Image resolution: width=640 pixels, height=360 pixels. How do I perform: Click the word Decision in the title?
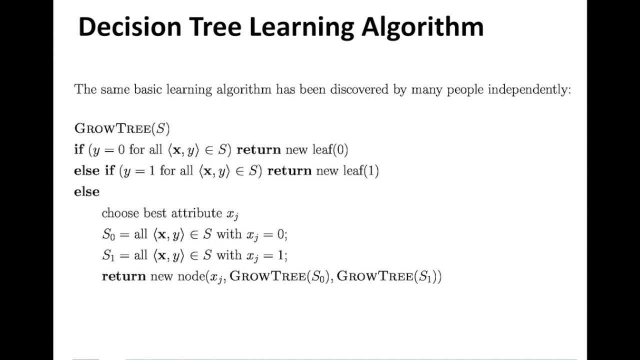(129, 26)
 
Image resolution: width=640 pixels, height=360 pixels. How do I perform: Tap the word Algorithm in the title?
(422, 26)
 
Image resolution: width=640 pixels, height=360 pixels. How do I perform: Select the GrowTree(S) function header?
(122, 128)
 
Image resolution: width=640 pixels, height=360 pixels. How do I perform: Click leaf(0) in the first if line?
(330, 149)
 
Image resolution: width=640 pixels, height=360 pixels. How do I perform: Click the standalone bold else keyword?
(86, 192)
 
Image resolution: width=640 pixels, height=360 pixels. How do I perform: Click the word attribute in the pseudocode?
(196, 213)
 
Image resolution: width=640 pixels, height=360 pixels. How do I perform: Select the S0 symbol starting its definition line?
(108, 234)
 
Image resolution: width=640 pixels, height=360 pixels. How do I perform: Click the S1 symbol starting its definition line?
(108, 255)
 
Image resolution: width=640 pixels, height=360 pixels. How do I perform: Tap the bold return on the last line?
(123, 276)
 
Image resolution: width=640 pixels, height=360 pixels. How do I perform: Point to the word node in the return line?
(190, 276)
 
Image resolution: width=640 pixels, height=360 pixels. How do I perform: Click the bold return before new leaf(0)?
(258, 149)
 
